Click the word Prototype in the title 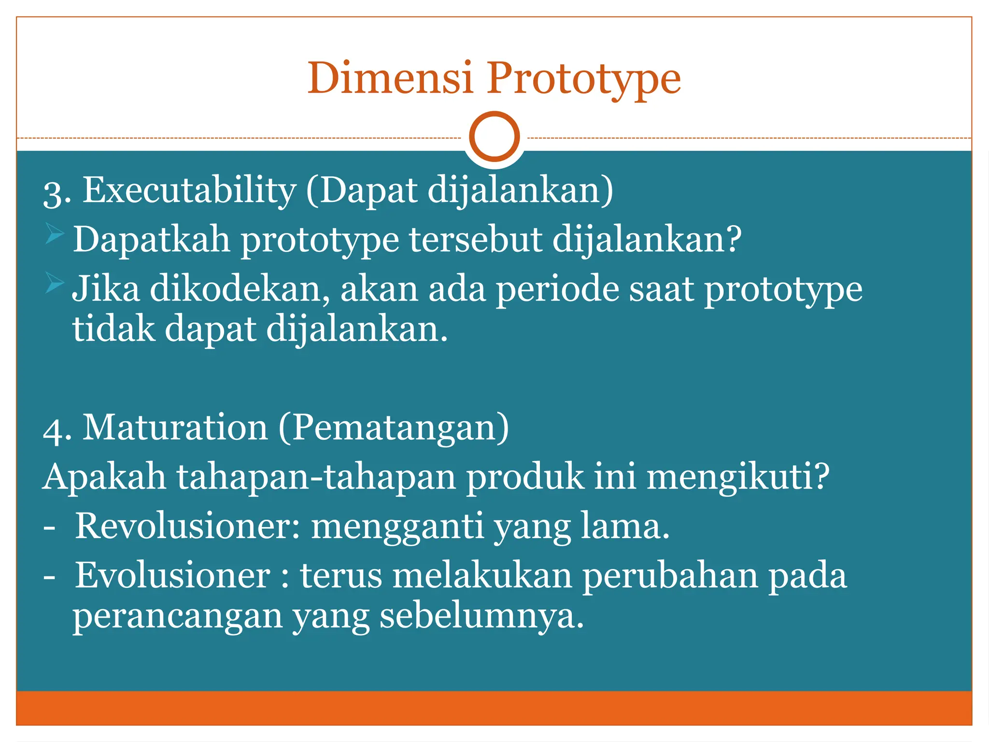point(583,78)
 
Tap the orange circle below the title point(494,137)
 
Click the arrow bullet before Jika point(55,283)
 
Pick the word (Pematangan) point(394,428)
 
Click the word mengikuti point(737,478)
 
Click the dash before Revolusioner point(49,528)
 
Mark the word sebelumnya point(481,616)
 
